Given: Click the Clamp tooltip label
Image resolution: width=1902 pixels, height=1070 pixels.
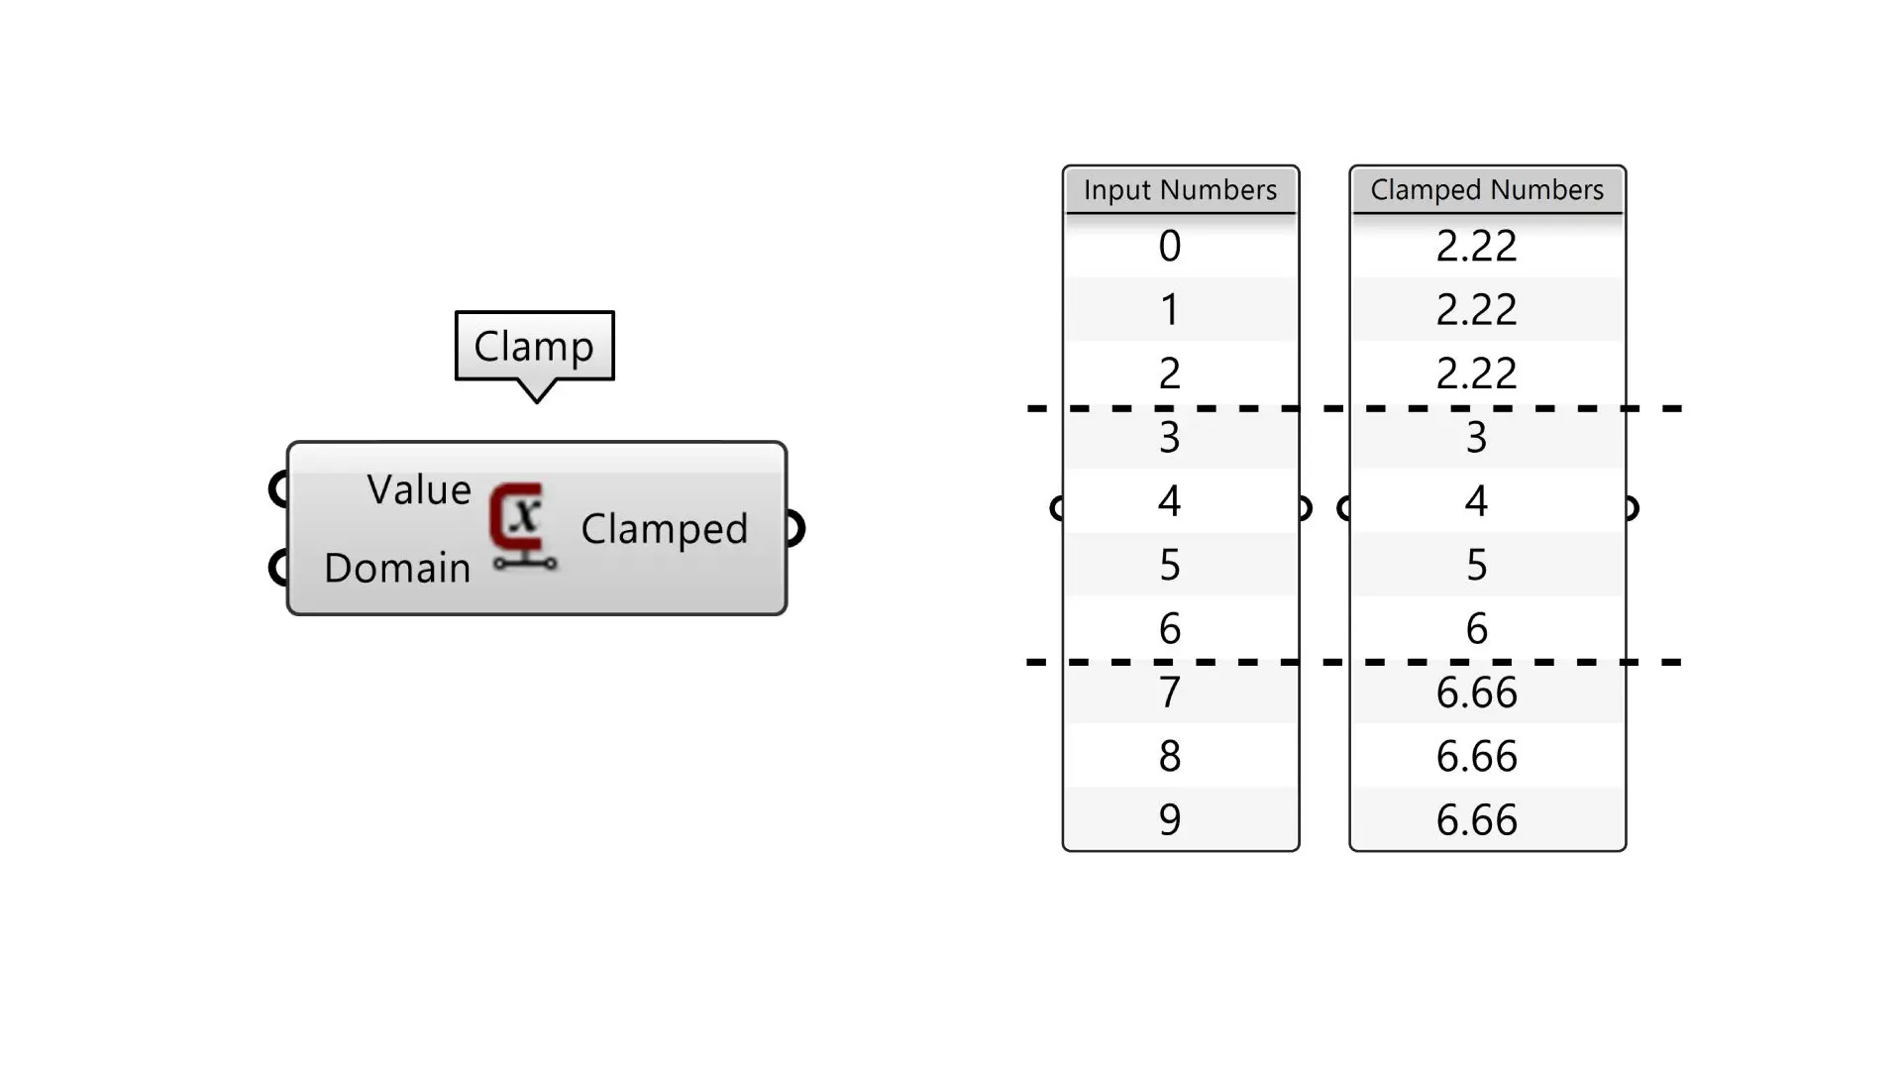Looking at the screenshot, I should point(534,346).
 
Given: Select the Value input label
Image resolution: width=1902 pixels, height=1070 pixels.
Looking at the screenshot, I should point(418,489).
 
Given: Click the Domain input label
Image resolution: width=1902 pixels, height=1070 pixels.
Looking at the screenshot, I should point(396,568).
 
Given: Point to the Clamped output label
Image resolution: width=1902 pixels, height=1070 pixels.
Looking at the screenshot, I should point(664,529).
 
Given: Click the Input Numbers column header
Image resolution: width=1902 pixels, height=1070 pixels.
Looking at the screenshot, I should point(1180,190).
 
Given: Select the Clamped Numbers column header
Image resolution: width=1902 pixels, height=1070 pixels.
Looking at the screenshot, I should point(1487,190).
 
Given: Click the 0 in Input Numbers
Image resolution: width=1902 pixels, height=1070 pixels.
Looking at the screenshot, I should point(1170,246).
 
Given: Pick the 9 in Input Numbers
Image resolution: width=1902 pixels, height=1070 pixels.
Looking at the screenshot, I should point(1170,819).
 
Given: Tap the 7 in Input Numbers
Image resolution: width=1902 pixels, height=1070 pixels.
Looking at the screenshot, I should point(1170,692).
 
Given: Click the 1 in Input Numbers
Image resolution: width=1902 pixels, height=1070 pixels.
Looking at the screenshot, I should point(1170,310).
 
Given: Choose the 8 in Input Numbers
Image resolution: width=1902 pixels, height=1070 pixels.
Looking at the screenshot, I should point(1170,756).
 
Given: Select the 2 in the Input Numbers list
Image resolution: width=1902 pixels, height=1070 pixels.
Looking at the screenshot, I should point(1170,374).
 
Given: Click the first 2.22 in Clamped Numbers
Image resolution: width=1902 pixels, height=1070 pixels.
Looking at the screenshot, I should point(1476,246).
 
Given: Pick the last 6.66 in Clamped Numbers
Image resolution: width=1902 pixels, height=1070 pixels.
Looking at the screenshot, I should point(1476,819).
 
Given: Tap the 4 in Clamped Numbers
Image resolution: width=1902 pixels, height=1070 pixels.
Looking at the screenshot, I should point(1476,501).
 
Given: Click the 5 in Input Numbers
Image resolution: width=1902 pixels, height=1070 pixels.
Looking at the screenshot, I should point(1170,565).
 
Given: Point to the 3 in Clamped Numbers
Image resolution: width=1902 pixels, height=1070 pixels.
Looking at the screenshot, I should point(1476,437).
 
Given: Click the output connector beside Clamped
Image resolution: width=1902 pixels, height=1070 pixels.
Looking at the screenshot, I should point(794,528).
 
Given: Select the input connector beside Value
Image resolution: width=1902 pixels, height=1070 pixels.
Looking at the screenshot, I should point(278,488).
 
